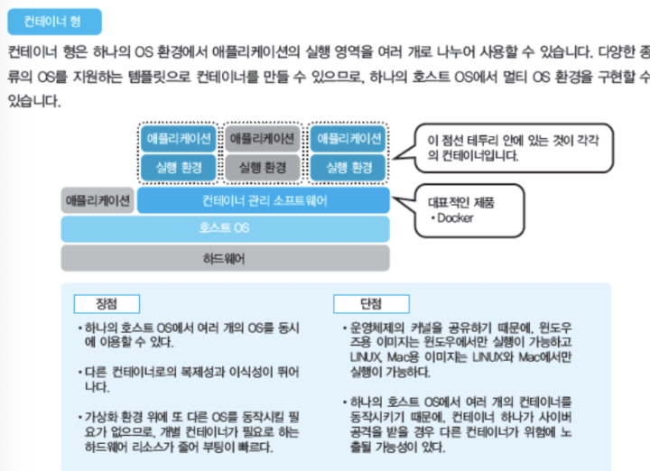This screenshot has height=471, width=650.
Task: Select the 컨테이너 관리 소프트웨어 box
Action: point(264,199)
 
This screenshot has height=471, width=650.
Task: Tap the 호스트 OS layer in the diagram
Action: point(225,228)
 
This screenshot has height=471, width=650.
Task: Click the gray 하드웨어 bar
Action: point(225,258)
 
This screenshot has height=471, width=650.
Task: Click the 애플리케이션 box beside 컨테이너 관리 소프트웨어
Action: point(97,199)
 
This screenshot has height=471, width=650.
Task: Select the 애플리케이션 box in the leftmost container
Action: point(179,138)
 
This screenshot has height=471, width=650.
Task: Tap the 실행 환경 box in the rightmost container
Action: point(348,167)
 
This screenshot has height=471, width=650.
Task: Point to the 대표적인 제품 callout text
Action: point(460,202)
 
